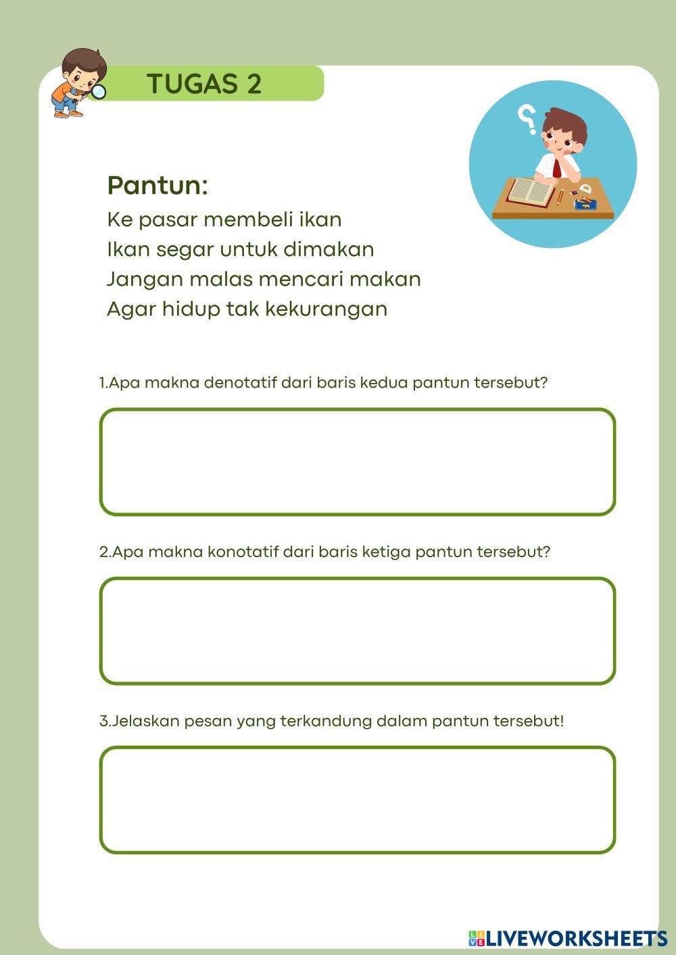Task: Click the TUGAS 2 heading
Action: click(204, 84)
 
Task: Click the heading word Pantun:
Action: click(157, 185)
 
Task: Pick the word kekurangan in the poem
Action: click(326, 309)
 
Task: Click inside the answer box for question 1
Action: click(357, 462)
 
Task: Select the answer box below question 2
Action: click(357, 631)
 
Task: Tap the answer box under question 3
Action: click(357, 800)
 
